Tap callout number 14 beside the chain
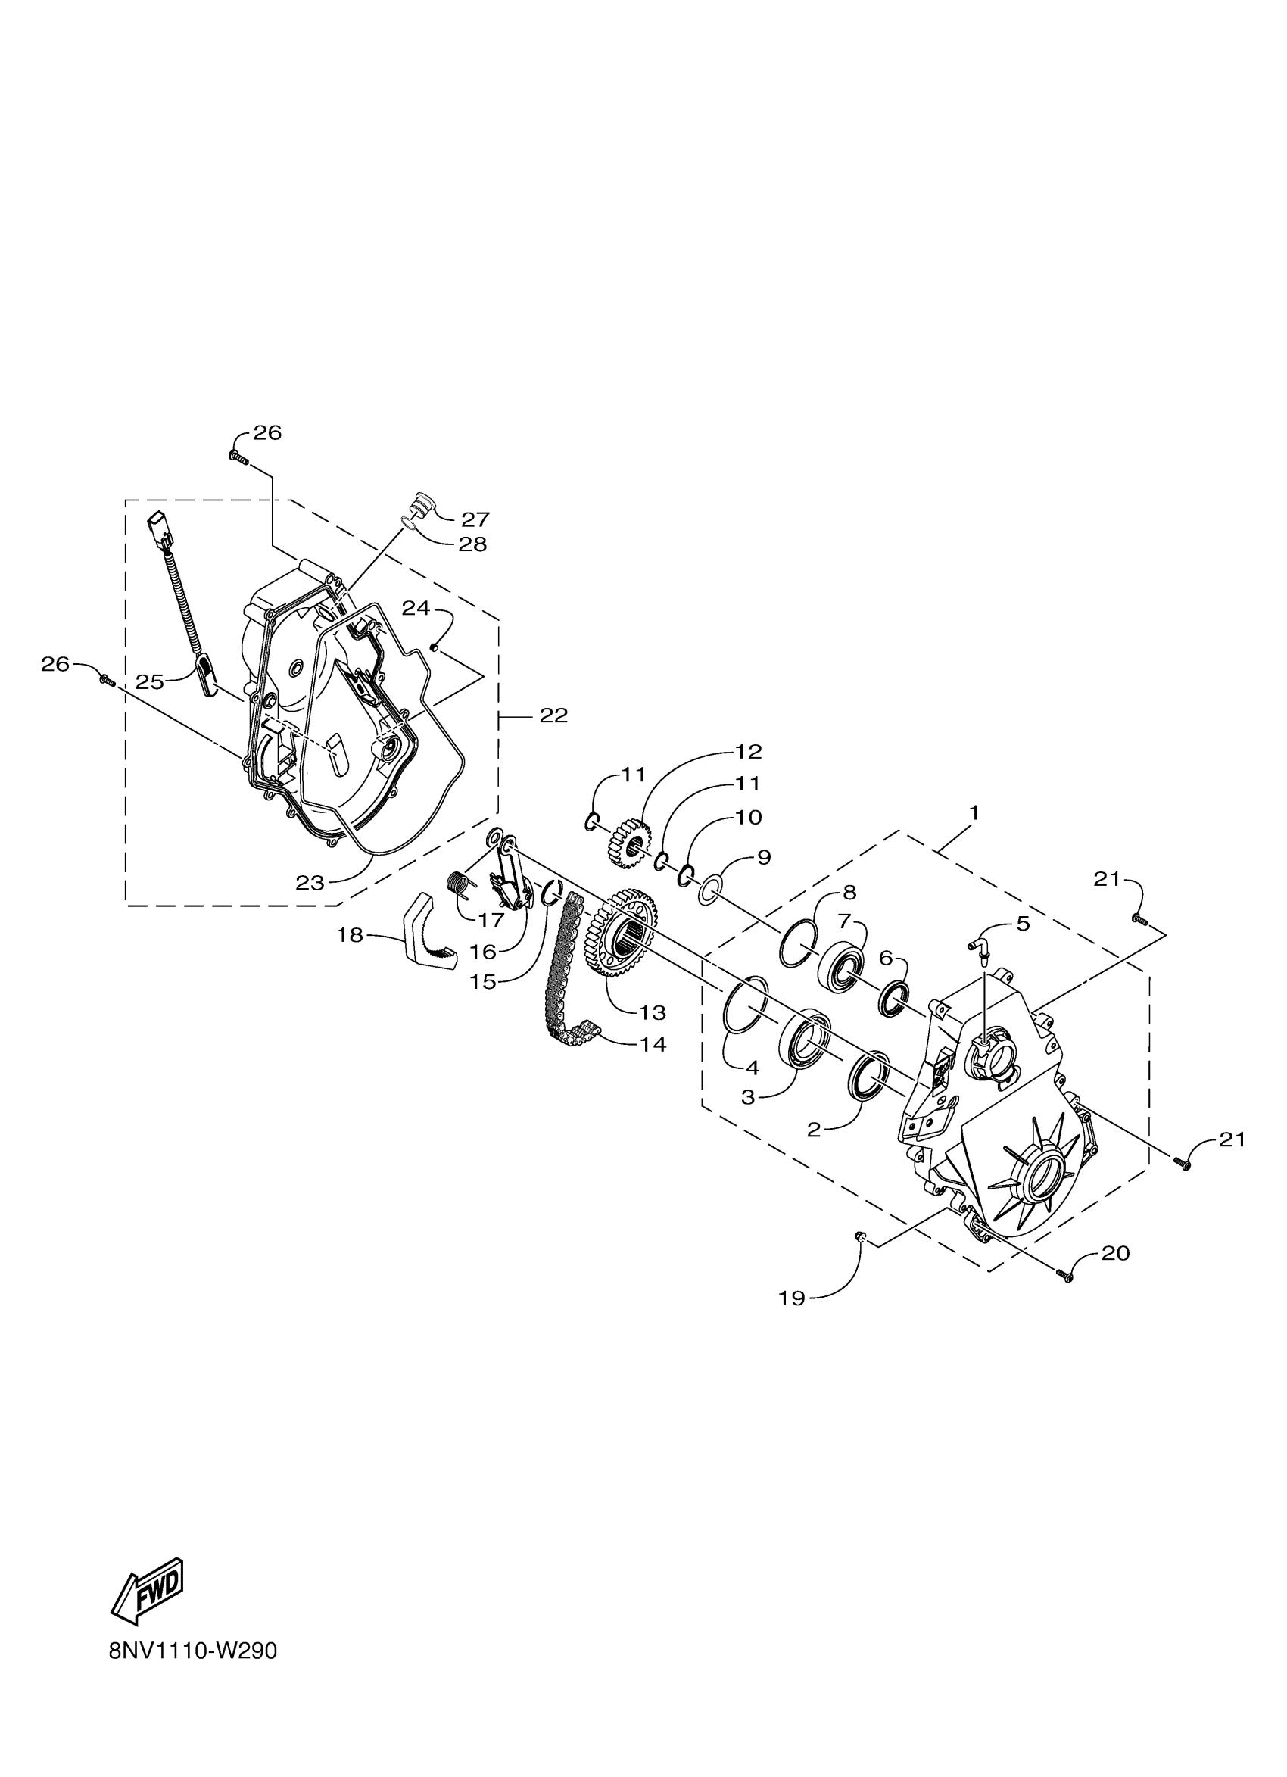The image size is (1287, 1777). coord(653,1044)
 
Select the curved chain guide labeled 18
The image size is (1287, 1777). coord(430,936)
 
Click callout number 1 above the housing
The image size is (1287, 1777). coord(974,813)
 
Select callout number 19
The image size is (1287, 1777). coord(792,1298)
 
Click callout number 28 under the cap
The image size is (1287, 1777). coord(472,544)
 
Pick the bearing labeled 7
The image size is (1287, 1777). coord(840,968)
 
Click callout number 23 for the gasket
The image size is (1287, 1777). coord(310,883)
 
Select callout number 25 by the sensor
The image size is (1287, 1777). coord(149,681)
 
